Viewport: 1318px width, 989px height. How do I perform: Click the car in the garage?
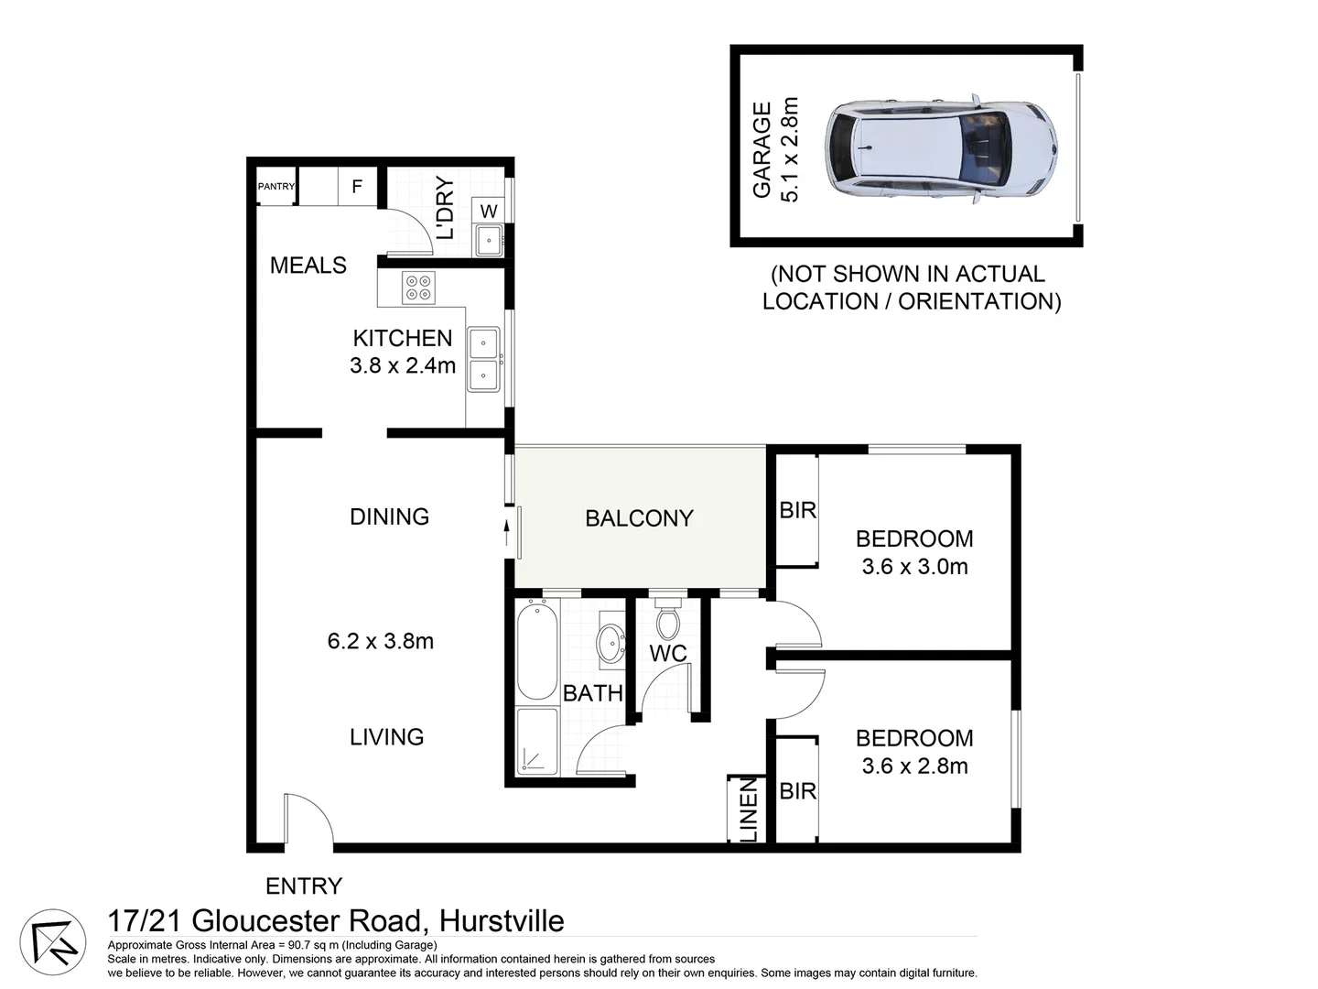click(942, 149)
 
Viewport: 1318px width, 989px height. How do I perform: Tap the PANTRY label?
click(276, 187)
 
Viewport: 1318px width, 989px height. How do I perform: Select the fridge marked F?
click(357, 187)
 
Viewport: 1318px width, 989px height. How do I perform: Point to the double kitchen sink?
click(483, 359)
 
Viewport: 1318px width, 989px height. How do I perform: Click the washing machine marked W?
click(489, 211)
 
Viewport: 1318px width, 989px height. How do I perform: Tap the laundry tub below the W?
click(487, 241)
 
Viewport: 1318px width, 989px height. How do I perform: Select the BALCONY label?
click(639, 518)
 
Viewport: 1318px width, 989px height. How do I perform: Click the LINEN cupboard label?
click(748, 810)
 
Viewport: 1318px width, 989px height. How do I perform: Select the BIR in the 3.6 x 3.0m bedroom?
click(797, 510)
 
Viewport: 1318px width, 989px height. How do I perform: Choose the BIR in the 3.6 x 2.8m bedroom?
click(797, 790)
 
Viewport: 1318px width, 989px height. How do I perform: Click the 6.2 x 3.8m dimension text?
click(381, 641)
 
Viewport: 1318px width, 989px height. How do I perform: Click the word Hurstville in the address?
click(502, 920)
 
